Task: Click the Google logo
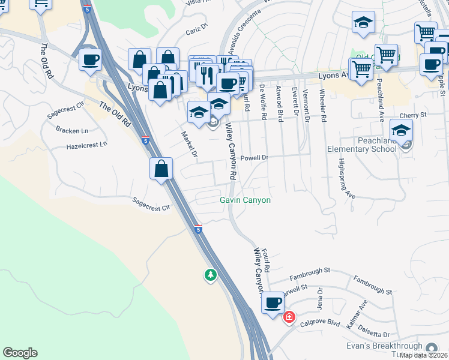[20, 353]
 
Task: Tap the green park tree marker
[210, 275]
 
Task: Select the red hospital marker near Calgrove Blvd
[289, 316]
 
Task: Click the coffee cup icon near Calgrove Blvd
[273, 302]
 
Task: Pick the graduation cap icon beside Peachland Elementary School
[401, 130]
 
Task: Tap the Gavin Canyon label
[245, 200]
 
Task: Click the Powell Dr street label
[254, 158]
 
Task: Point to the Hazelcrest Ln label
[86, 145]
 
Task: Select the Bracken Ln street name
[71, 130]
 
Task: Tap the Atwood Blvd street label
[279, 103]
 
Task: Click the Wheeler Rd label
[322, 106]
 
